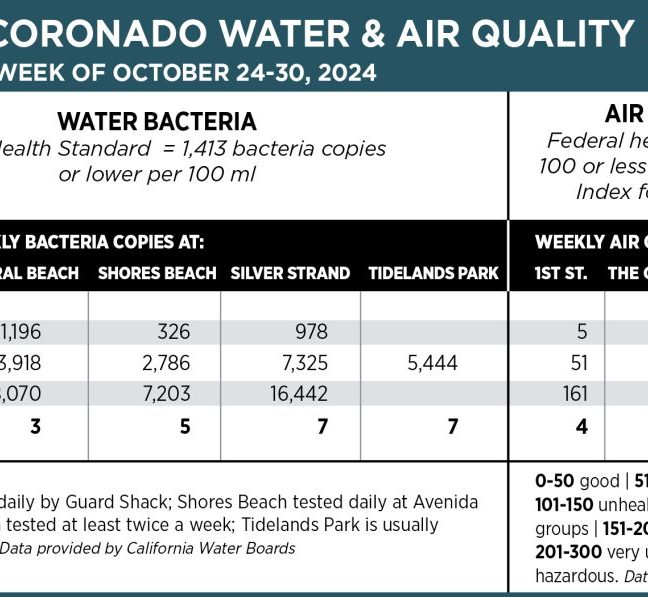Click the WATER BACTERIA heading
coord(157,122)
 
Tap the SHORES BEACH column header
coord(157,273)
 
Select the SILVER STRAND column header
coord(290,273)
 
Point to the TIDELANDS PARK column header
coord(433,273)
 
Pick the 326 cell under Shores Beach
coord(174,332)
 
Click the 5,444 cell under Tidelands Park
coord(433,363)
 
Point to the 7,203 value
coord(167,394)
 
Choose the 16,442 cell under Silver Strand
coord(299,394)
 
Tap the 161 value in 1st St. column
coord(575,394)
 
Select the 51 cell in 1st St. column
coord(578,363)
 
